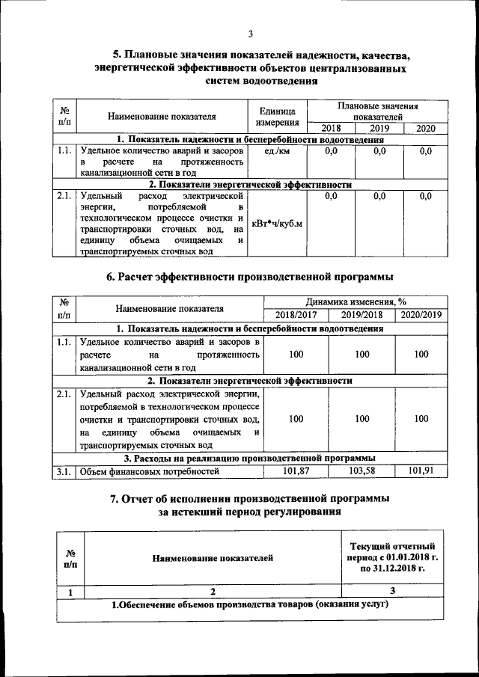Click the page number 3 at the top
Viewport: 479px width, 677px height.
251,32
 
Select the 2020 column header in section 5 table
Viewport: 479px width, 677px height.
425,129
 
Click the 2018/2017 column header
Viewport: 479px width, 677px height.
296,314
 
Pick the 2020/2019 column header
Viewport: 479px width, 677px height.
421,314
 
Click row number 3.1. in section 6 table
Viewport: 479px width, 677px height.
64,471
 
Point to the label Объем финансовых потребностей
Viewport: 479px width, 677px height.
149,471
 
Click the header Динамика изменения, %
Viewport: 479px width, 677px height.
356,301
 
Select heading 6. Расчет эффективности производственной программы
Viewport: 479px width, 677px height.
250,278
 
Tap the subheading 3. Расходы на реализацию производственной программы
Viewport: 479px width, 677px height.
249,457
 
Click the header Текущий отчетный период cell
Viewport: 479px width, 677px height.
391,557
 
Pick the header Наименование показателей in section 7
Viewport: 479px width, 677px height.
213,557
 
